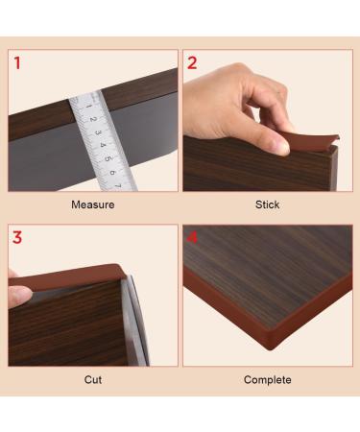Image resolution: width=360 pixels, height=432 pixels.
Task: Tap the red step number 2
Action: pos(192,64)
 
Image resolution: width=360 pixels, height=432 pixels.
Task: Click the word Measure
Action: pos(93,204)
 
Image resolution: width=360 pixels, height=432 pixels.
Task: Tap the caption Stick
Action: pos(267,204)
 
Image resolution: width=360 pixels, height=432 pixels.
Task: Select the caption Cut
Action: pos(93,380)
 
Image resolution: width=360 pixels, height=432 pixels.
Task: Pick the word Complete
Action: pos(267,380)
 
